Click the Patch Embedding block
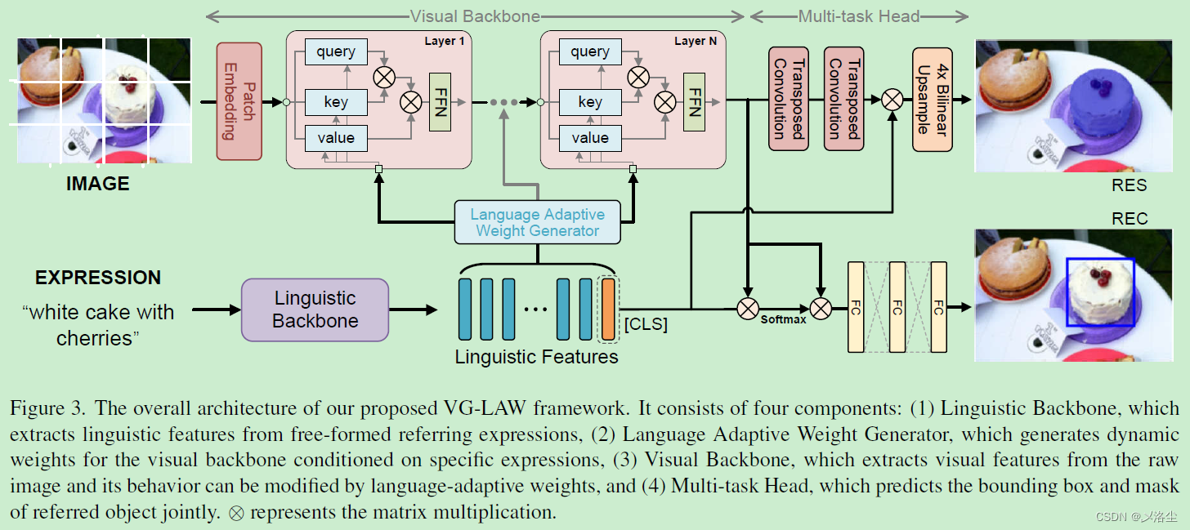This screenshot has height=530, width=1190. tap(239, 101)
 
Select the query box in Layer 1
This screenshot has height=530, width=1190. tap(336, 51)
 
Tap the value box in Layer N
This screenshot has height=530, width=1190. tap(590, 138)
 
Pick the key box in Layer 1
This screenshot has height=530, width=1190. tap(336, 102)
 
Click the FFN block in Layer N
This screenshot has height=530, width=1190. tap(694, 102)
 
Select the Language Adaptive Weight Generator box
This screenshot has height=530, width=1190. tap(537, 222)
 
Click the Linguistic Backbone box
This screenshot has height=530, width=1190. tap(315, 310)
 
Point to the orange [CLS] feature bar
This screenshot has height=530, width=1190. tap(608, 309)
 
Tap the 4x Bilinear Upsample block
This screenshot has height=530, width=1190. tap(933, 100)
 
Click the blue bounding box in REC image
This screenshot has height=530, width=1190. tap(1100, 292)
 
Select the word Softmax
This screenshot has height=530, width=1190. tap(783, 319)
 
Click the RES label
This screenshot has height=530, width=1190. tap(1129, 185)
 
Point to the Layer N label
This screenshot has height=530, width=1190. tap(696, 41)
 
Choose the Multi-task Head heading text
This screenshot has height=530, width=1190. tap(858, 16)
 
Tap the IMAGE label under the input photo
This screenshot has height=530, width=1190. tap(98, 184)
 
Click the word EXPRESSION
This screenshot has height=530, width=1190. tap(98, 277)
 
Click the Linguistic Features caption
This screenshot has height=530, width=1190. tap(536, 357)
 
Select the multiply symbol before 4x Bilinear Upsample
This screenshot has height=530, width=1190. tap(892, 100)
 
